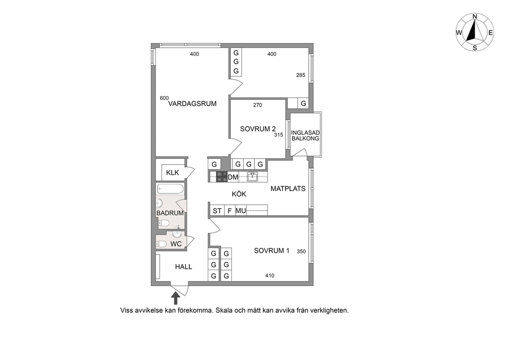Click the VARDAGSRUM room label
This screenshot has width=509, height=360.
(192, 104)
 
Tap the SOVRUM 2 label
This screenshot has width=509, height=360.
(258, 129)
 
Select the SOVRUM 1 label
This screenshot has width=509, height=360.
(272, 251)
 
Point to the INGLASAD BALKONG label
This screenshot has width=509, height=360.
(305, 136)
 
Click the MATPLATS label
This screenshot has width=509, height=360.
(288, 189)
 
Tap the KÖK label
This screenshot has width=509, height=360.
(239, 194)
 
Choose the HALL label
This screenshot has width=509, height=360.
(184, 267)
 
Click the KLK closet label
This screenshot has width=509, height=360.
(172, 173)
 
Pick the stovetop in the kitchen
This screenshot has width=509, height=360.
(222, 177)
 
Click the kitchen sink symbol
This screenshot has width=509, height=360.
(253, 177)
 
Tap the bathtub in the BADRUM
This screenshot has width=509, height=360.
(170, 189)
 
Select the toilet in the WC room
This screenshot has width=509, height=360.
(162, 244)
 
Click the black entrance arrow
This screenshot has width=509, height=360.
(175, 297)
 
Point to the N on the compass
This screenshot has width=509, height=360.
(475, 16)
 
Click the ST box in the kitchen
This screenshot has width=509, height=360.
(217, 211)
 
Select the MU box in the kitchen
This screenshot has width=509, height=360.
(241, 211)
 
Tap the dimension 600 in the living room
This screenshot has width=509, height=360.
(164, 98)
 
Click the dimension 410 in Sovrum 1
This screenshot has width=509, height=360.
(270, 276)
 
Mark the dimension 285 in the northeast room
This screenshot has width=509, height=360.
(301, 75)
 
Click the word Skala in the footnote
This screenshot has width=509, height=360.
(225, 310)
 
